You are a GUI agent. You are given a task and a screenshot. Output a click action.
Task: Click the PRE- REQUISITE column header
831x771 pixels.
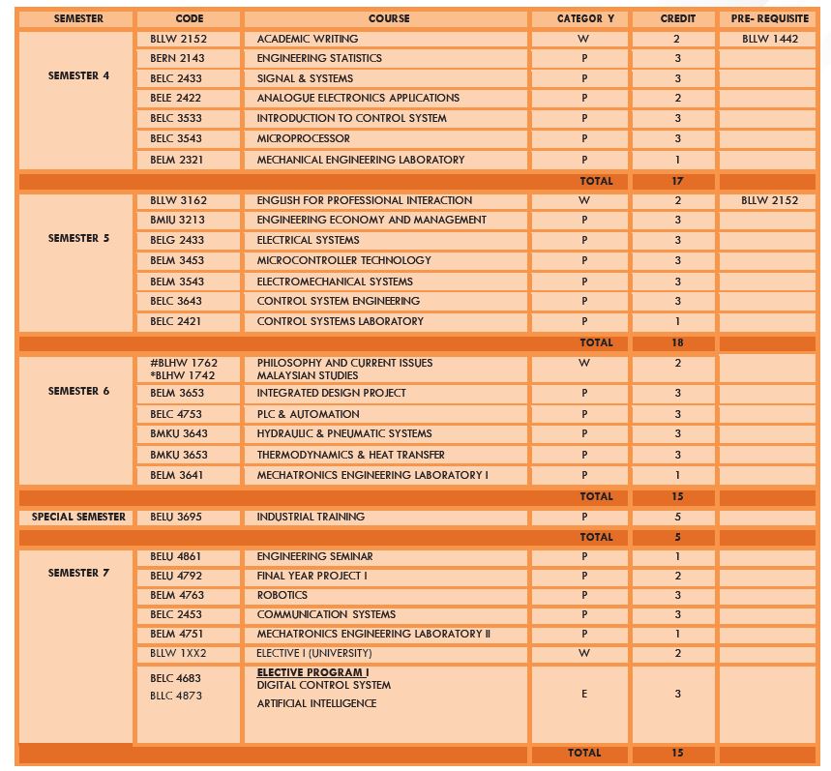(x=769, y=18)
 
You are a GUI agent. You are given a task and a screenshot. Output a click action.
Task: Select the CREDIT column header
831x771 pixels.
(x=677, y=18)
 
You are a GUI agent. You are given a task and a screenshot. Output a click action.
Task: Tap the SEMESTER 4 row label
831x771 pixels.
(x=78, y=75)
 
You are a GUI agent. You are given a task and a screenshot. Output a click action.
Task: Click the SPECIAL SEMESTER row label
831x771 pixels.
(x=78, y=517)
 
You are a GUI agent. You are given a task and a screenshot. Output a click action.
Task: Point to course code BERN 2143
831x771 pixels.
(x=177, y=58)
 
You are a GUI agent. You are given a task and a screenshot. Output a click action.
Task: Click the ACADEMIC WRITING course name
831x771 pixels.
(x=307, y=39)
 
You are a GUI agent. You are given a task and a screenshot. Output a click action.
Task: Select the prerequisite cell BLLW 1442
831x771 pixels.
(x=770, y=39)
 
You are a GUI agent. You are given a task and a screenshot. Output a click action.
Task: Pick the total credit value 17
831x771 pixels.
(x=677, y=181)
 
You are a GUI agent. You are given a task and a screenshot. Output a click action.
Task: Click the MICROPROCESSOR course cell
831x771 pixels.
(x=303, y=138)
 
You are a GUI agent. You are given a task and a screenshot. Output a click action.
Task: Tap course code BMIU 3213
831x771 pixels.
(x=177, y=220)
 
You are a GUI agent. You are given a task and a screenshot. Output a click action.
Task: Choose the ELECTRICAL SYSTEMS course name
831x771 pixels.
(x=308, y=240)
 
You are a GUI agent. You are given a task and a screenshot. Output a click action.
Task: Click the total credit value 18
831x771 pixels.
(x=677, y=342)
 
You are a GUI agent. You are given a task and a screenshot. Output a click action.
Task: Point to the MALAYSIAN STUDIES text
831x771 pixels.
(x=307, y=375)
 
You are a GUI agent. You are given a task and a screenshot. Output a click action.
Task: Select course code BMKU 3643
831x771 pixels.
(x=178, y=433)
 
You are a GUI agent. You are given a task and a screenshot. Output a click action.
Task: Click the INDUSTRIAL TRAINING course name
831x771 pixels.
(x=311, y=517)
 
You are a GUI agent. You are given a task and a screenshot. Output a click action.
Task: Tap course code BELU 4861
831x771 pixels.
(x=176, y=556)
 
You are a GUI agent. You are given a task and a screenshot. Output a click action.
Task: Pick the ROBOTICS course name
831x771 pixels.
(x=282, y=595)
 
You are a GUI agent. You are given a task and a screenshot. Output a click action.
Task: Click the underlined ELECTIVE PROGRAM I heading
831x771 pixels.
(x=312, y=672)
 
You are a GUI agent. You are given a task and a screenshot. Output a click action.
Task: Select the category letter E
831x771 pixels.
(x=584, y=694)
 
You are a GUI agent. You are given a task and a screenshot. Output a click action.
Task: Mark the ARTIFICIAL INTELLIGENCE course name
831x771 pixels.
(x=316, y=703)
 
